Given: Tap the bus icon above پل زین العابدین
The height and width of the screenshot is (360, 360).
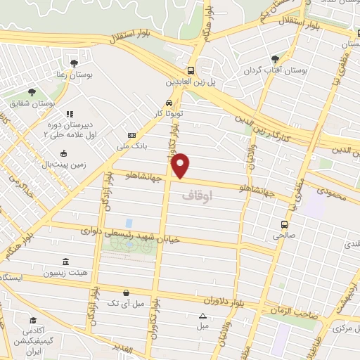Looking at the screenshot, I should pos(191,70).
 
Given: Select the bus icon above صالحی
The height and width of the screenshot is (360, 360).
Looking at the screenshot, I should pos(284,225).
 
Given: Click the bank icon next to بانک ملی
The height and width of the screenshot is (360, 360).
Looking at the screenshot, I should pos(131,135).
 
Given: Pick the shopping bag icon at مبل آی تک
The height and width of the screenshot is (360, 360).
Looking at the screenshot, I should pos(125,292).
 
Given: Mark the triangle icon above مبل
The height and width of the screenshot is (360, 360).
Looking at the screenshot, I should pos(202,316).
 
